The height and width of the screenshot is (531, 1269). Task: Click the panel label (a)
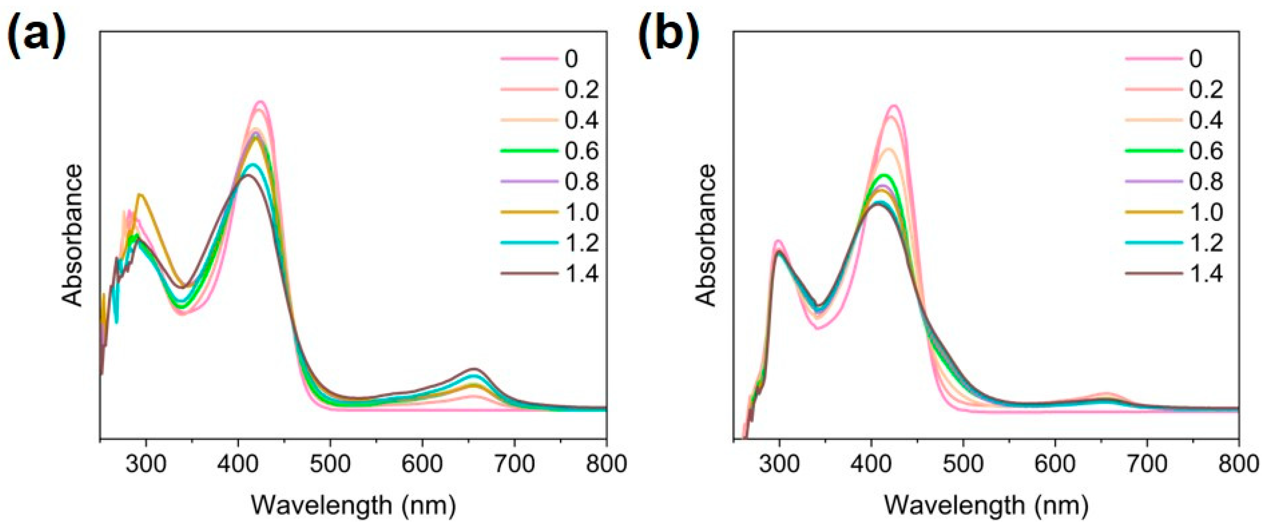click(x=35, y=35)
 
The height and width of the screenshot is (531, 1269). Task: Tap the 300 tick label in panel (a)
click(x=146, y=464)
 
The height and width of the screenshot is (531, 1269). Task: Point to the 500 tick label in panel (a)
click(x=330, y=464)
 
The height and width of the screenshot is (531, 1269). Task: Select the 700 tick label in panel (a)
click(x=514, y=464)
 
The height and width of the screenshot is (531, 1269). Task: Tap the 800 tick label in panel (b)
click(x=1238, y=464)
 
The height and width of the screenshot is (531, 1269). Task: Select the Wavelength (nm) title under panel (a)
click(x=353, y=505)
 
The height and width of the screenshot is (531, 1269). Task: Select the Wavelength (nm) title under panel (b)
click(x=986, y=505)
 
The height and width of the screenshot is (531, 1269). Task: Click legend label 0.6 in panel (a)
click(x=582, y=150)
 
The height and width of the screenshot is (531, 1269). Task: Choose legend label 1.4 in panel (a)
click(x=582, y=274)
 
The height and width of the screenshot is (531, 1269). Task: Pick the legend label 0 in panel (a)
click(x=571, y=59)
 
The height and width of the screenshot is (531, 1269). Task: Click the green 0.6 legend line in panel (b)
click(x=1154, y=150)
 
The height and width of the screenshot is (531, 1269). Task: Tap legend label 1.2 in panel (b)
click(x=1206, y=243)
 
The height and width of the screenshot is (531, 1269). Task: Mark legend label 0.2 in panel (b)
click(x=1206, y=89)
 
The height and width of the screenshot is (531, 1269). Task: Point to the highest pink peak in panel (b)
click(x=894, y=106)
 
